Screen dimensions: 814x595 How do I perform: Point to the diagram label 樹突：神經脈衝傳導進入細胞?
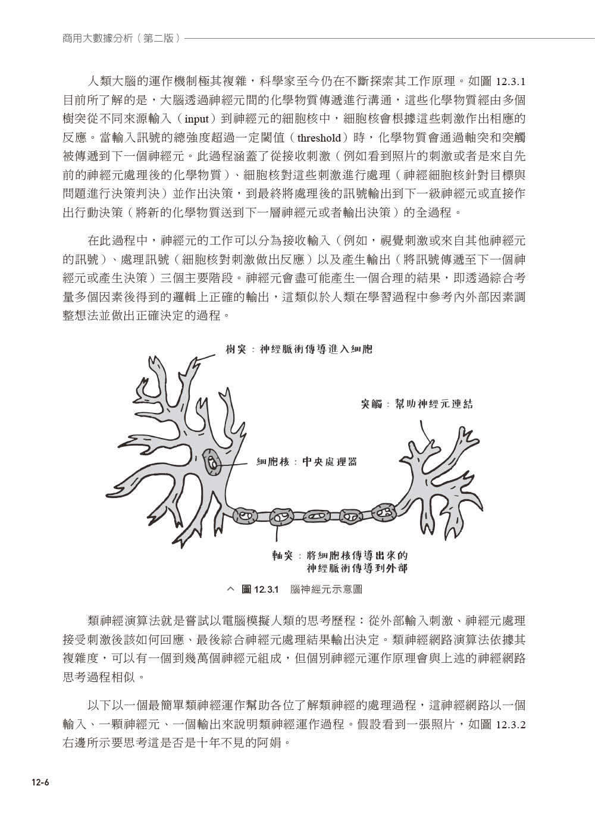tap(299, 349)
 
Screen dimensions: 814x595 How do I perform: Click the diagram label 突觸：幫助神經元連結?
tap(416, 404)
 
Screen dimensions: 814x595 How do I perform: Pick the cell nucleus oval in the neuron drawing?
tap(212, 462)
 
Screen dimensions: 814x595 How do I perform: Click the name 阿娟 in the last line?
tap(274, 743)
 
